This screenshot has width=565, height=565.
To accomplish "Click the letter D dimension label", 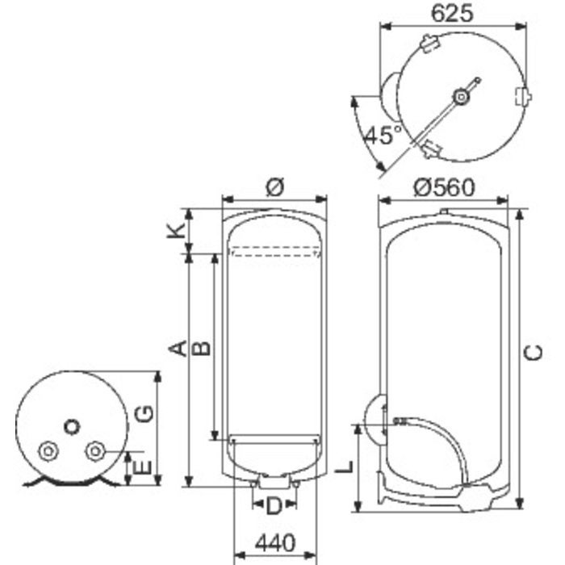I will coord(274,507).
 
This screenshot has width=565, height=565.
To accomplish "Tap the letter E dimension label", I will coord(143,467).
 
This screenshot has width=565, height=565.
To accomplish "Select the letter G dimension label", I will coord(143,413).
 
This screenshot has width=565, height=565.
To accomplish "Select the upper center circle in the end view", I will coord(73,425).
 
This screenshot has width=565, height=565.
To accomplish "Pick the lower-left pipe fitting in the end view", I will coord(48,450).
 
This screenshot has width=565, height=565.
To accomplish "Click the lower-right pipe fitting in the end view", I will coord(96,450).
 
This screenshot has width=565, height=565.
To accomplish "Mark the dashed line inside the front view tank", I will coord(274,256).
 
